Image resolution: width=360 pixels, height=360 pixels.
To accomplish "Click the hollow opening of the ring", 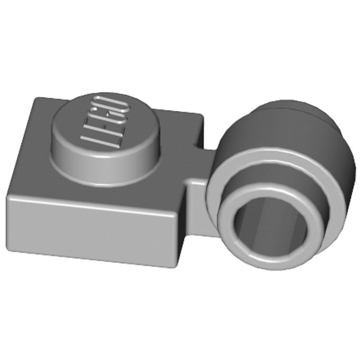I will pyautogui.click(x=270, y=226).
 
